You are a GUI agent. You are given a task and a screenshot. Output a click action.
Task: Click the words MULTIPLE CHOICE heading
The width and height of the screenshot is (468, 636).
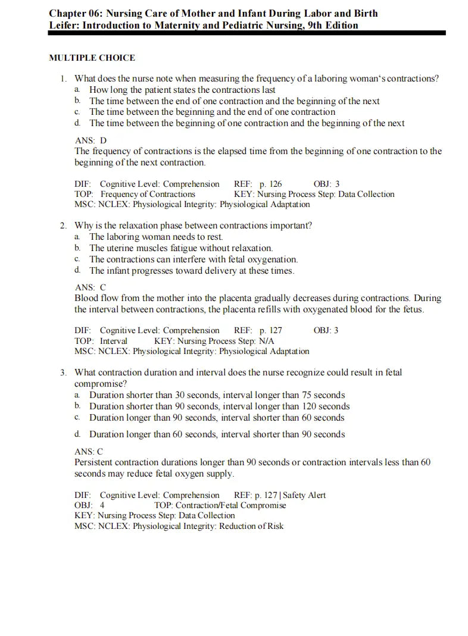coord(92,58)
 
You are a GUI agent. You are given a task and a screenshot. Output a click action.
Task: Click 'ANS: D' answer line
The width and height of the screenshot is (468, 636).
coord(91,140)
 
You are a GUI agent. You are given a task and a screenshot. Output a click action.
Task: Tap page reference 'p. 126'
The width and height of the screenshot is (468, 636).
coord(271,184)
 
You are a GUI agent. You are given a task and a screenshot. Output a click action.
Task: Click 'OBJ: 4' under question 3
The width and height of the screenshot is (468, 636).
coord(89,505)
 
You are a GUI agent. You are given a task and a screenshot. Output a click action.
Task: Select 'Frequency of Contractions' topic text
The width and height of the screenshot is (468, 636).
coord(148,194)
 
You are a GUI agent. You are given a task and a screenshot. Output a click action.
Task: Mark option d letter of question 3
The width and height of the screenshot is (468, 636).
coord(77,434)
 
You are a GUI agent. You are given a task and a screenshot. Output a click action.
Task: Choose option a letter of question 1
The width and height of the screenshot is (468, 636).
coord(77,90)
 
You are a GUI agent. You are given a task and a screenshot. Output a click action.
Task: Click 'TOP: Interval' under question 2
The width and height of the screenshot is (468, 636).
coord(101,341)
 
